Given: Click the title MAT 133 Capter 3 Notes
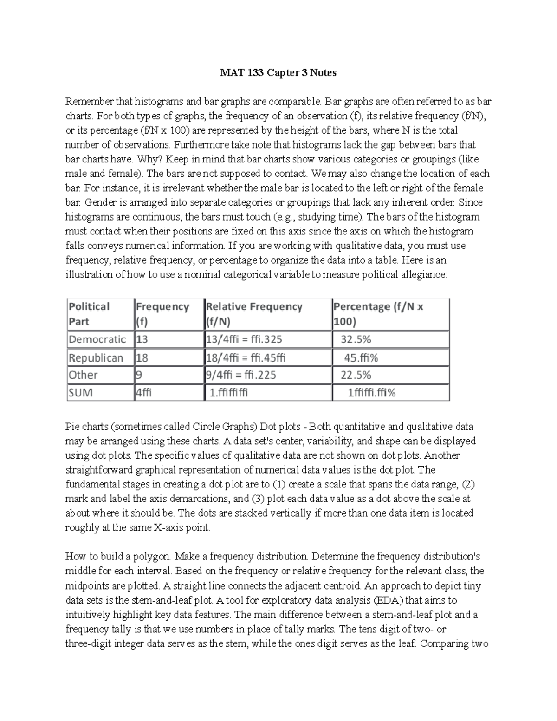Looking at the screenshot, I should click(278, 73).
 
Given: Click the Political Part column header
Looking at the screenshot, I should click(89, 314).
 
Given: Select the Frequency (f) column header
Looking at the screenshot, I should click(162, 314).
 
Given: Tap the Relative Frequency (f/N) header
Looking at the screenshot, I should click(254, 314).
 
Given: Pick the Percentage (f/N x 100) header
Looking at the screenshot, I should click(378, 314).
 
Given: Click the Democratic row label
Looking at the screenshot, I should click(97, 339).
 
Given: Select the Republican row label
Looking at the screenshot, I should click(96, 358).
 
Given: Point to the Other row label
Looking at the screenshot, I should click(84, 375).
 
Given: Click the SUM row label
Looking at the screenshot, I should click(81, 393).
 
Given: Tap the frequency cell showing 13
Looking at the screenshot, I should click(142, 339).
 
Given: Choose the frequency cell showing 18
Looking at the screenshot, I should click(142, 358).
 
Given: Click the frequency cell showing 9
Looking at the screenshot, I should click(139, 375).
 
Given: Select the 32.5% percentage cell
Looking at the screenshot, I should click(356, 339).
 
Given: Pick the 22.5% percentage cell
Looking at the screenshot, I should click(356, 375).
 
